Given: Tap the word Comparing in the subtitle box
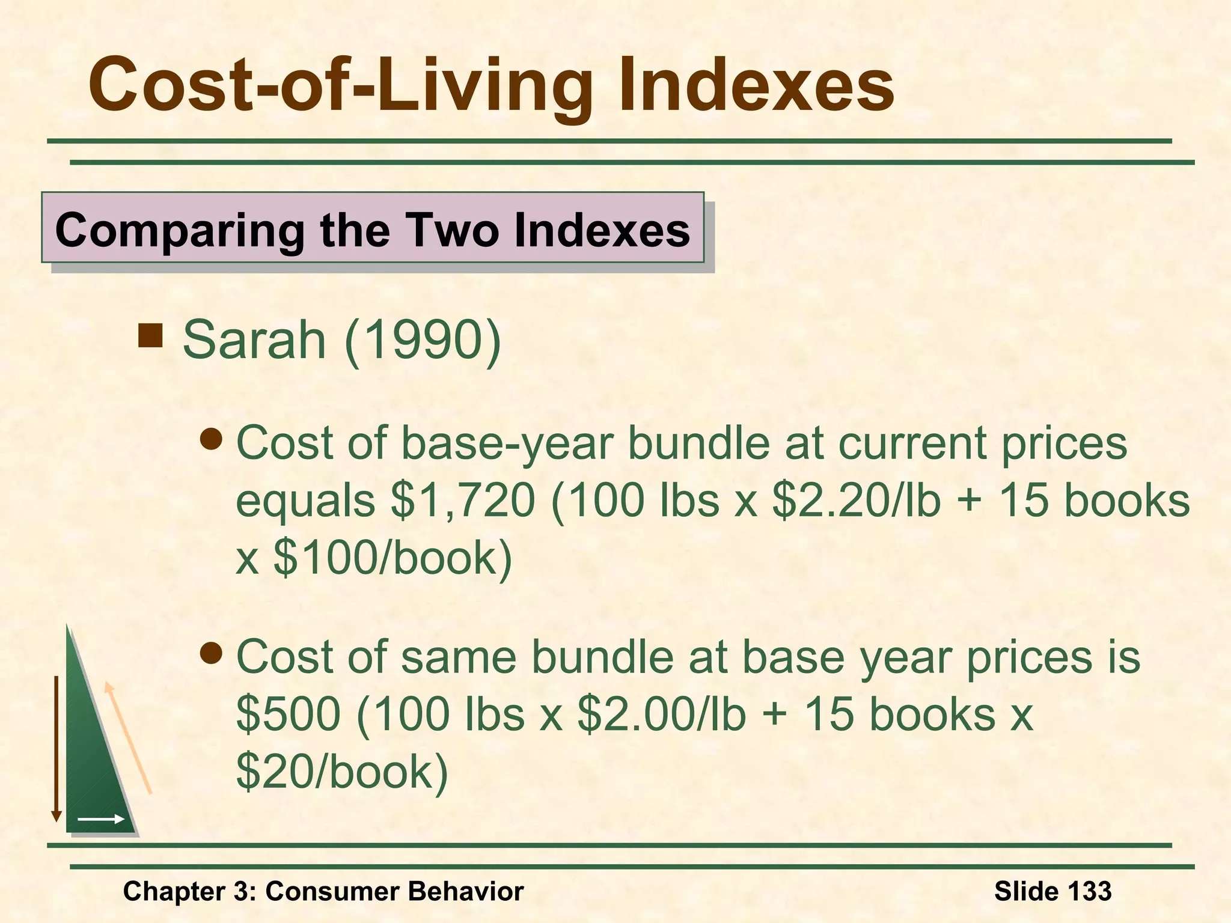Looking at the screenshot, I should pos(179,230).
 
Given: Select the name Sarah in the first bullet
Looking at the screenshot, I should pos(254,340).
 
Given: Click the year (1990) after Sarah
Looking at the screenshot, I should pos(423,340).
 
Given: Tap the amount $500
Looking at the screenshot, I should pos(289,714).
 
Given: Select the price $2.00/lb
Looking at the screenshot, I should pos(661,714).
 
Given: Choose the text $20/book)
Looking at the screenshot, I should pos(342,772).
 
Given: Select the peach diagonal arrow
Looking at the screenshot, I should pos(127,738).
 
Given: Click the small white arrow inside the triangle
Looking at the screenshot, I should pos(100,819).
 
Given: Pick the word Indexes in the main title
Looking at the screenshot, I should pos(756,85).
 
